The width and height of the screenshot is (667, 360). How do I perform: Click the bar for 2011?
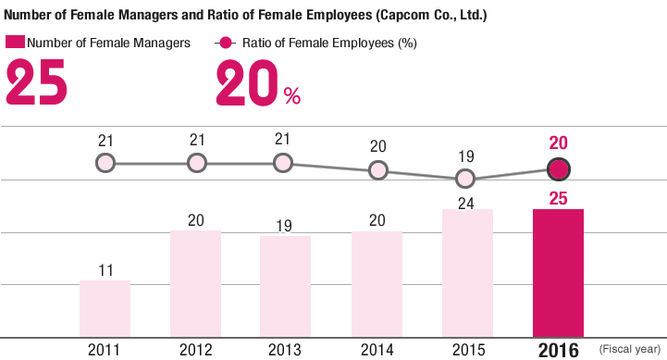coord(105,308)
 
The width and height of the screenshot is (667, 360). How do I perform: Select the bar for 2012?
coord(195,283)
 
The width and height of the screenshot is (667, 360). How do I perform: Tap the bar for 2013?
coord(285,286)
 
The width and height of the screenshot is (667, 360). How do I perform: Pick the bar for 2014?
coord(377,283)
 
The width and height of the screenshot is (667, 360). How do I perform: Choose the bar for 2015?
coord(467,273)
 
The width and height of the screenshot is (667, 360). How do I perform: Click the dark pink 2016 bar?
coord(558,272)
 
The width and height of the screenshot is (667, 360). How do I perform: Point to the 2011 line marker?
coord(105,163)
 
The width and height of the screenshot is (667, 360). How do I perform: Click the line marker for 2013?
coord(284,163)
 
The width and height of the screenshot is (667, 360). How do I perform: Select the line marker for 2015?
coord(466,179)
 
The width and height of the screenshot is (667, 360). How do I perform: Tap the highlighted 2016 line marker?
coord(558,169)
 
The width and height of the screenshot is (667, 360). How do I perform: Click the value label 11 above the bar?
coord(105,270)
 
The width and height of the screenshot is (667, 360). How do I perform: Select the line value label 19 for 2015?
coord(467,155)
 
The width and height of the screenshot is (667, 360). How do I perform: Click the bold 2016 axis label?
coord(558,350)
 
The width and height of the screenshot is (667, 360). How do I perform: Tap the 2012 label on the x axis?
coord(195,350)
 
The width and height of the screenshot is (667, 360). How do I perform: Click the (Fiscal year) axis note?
coord(632,350)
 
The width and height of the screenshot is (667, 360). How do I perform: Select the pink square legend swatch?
coord(14,43)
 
